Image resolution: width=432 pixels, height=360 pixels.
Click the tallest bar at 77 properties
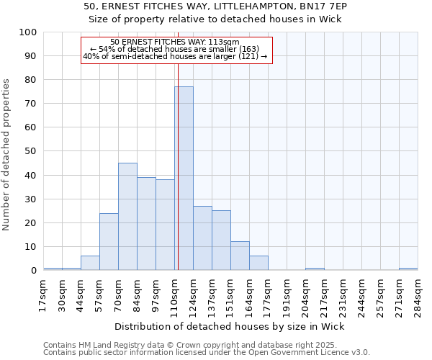[184, 179]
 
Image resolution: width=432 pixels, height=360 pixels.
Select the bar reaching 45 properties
[127, 217]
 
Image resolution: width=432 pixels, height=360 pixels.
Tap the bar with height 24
[109, 242]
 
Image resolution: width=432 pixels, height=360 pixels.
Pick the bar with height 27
[202, 238]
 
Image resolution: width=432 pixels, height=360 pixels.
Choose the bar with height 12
[240, 256]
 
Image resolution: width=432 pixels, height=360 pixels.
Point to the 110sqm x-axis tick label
[175, 294]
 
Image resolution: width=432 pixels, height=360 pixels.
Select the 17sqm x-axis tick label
[44, 294]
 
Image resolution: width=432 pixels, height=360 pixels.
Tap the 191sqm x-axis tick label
[287, 294]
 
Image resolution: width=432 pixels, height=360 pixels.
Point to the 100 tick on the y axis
[28, 32]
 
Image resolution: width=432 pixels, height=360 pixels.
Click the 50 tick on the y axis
[31, 151]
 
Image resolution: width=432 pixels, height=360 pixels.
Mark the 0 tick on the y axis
[34, 271]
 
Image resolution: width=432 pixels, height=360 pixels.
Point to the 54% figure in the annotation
[106, 49]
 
